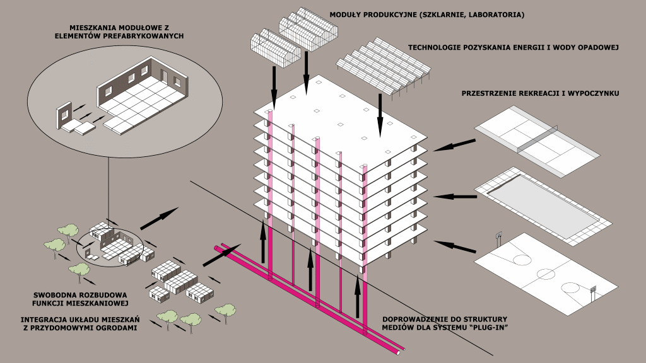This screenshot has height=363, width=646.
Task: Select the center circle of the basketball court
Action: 544,274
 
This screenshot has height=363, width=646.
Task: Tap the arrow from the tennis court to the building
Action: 455,145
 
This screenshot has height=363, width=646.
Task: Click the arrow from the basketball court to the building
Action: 455,245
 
